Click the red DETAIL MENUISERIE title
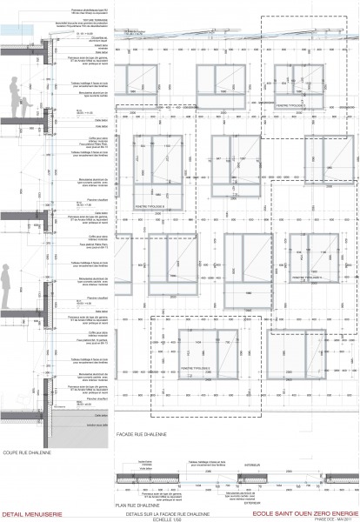(x=25, y=513)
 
